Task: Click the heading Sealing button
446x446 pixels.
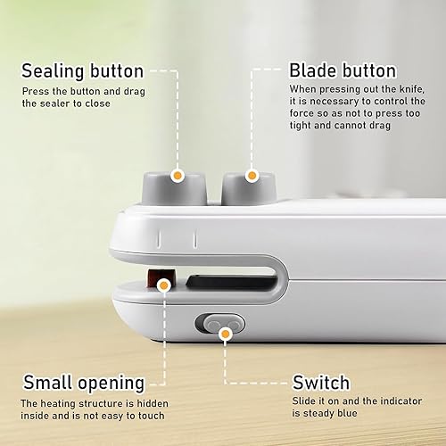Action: point(83,71)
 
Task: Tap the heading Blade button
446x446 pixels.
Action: point(343,70)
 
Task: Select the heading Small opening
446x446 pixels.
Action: point(84,383)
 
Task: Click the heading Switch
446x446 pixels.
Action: point(321,383)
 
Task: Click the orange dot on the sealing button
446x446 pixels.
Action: point(178,176)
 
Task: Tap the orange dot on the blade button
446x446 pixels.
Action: point(252,176)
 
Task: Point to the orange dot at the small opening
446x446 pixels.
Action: point(164,285)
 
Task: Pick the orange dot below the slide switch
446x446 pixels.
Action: point(226,334)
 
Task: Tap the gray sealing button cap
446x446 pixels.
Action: point(174,188)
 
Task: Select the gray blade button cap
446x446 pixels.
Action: point(249,188)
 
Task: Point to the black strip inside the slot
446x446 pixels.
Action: point(232,281)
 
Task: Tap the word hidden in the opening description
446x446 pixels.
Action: point(153,403)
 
